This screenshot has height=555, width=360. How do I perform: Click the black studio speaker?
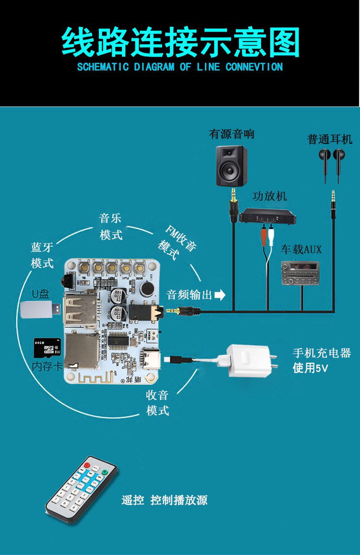[x=231, y=165]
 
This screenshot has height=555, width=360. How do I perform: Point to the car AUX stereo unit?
[x=300, y=273]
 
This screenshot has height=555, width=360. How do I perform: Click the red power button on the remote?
[x=87, y=464]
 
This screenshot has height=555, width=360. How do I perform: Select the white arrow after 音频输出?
[x=220, y=295]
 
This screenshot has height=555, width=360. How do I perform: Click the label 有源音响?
[x=231, y=134]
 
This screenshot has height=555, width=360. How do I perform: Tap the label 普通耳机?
[x=330, y=139]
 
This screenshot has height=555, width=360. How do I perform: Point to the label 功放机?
[x=269, y=196]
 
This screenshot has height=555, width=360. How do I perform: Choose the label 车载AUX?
[x=301, y=249]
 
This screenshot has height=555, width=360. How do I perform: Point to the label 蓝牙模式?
[x=42, y=255]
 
